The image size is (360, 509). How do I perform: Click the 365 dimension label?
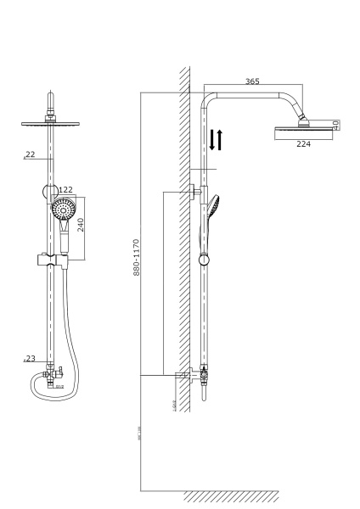[x=252, y=81]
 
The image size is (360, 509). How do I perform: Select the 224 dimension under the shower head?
[x=303, y=143]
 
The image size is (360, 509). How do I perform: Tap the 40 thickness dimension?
[x=336, y=124]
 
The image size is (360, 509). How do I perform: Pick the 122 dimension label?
[x=65, y=190]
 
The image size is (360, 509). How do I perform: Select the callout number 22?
[x=31, y=154]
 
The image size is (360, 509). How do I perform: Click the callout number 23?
[x=31, y=359]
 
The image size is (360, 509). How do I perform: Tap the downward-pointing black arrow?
[x=212, y=140]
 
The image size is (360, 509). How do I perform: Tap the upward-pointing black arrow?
[x=221, y=140]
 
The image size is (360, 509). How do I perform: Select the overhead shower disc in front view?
[x=53, y=124]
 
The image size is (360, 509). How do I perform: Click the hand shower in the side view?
[x=212, y=212]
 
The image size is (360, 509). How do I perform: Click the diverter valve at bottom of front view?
[x=53, y=372]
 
